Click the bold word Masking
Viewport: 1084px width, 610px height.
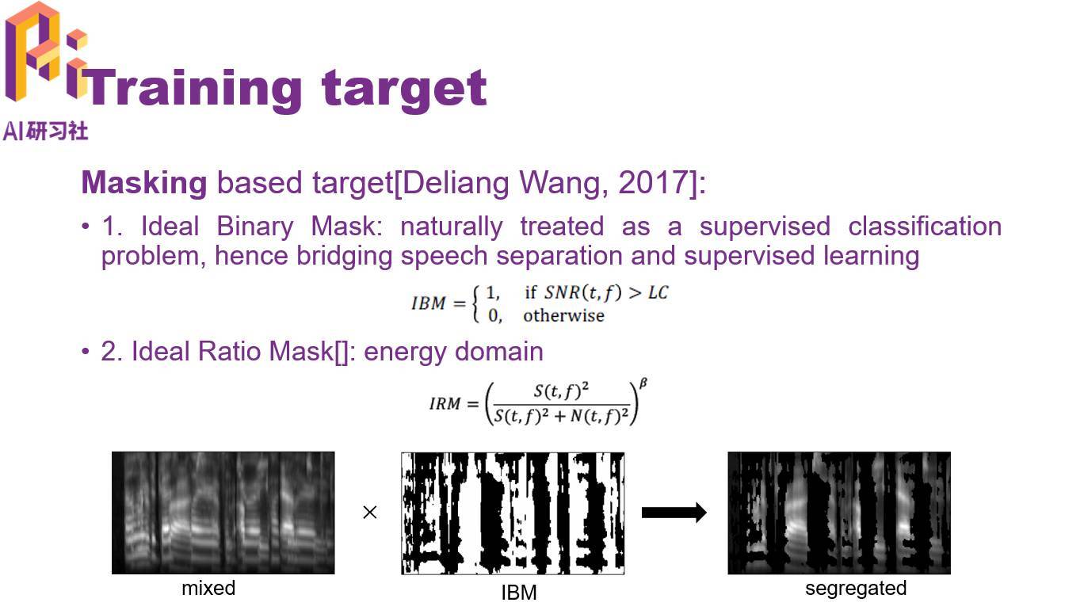point(144,184)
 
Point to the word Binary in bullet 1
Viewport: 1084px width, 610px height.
point(254,227)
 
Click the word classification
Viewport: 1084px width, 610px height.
point(925,227)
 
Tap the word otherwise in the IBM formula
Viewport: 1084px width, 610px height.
point(563,316)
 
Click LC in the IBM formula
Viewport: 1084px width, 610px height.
point(658,292)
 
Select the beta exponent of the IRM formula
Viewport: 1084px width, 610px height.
point(643,383)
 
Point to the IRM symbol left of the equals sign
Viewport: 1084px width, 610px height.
point(445,403)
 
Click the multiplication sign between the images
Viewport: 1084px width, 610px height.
point(370,513)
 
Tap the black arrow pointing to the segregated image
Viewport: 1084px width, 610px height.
point(674,513)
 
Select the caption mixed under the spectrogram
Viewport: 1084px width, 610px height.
point(208,589)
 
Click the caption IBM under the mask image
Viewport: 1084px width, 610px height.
point(519,593)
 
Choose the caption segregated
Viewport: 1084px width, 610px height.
point(856,589)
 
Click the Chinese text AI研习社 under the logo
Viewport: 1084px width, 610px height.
point(45,132)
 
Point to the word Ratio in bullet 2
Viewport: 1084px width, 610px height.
point(229,351)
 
